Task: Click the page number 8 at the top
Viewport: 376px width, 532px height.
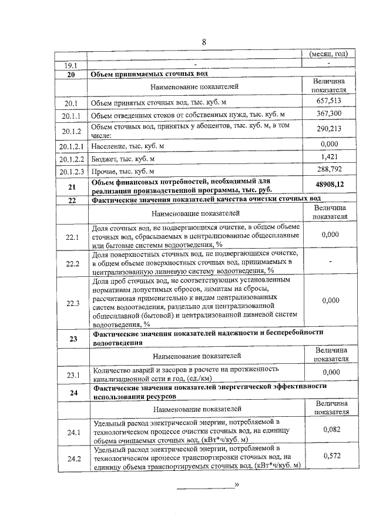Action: [x=204, y=42]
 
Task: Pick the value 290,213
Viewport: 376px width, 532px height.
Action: [x=328, y=129]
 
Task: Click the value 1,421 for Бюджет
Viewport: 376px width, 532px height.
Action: [x=328, y=158]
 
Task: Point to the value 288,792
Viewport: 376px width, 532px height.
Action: [x=328, y=172]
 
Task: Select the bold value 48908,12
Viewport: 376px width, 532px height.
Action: [x=328, y=185]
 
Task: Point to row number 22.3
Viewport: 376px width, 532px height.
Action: [x=72, y=303]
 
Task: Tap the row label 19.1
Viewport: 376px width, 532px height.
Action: [x=72, y=65]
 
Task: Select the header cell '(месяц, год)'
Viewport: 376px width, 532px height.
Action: [x=328, y=54]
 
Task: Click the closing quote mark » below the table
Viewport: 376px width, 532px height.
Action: [x=237, y=485]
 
